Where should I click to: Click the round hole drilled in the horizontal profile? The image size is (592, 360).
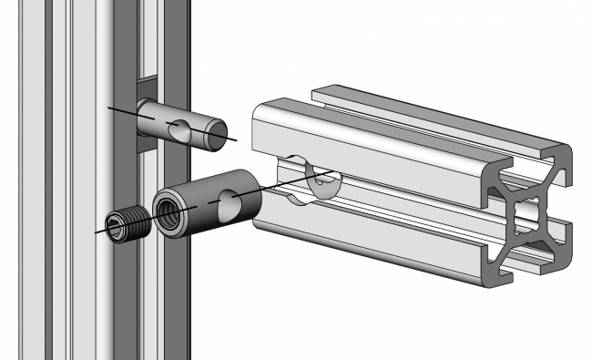point(319,178)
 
